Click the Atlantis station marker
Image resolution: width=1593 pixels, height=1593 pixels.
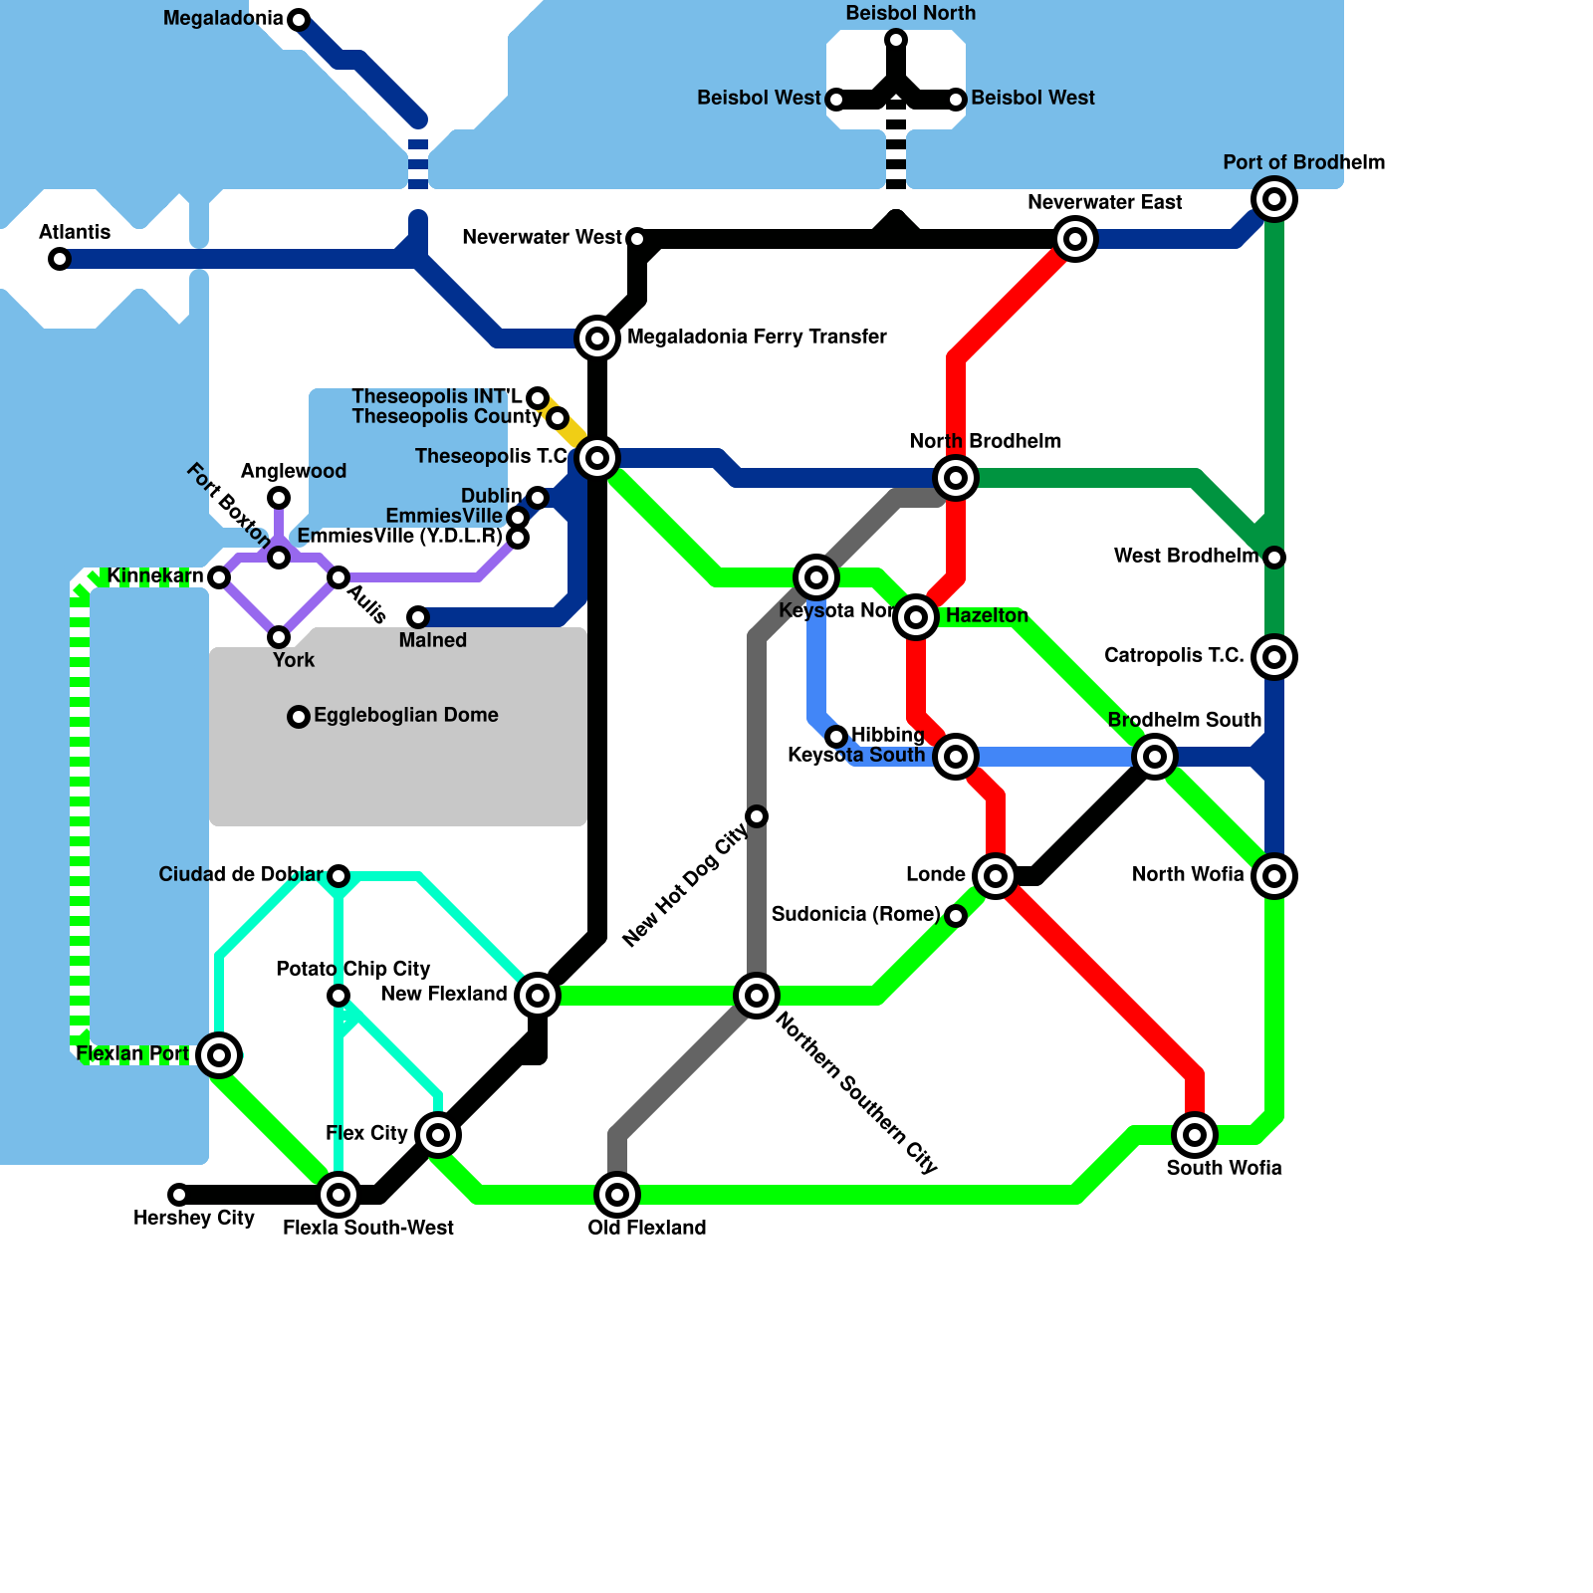[x=60, y=259]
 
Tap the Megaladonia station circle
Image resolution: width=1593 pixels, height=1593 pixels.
[x=299, y=20]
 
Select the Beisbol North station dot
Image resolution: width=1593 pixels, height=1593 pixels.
[x=896, y=40]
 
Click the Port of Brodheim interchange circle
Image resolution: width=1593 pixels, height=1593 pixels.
[x=1274, y=199]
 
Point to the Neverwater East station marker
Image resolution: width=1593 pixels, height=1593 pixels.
[x=1075, y=239]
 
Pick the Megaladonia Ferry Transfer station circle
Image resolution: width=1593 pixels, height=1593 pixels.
[x=597, y=339]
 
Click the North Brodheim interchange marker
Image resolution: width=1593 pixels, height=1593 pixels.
[x=956, y=478]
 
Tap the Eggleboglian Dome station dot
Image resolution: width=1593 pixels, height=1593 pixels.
[x=299, y=717]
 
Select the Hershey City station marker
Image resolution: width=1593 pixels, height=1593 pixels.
[x=179, y=1195]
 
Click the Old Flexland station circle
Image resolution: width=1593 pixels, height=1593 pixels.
[x=617, y=1195]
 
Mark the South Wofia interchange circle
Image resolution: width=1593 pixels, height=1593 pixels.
[x=1195, y=1135]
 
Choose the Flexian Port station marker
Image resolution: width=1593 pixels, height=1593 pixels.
[x=219, y=1055]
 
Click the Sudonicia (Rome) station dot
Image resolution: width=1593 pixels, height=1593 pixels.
[x=956, y=916]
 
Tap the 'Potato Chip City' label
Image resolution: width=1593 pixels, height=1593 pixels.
[x=352, y=969]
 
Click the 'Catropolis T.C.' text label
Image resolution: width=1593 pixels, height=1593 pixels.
[x=1174, y=655]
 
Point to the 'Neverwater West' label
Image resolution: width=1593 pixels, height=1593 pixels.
[x=542, y=237]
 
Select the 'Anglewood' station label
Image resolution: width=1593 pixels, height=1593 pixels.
[x=294, y=471]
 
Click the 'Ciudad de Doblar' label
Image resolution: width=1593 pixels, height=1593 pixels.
[x=241, y=874]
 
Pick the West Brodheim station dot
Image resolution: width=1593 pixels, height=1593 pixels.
[x=1274, y=558]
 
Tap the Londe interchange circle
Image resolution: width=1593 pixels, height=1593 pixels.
[x=996, y=876]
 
